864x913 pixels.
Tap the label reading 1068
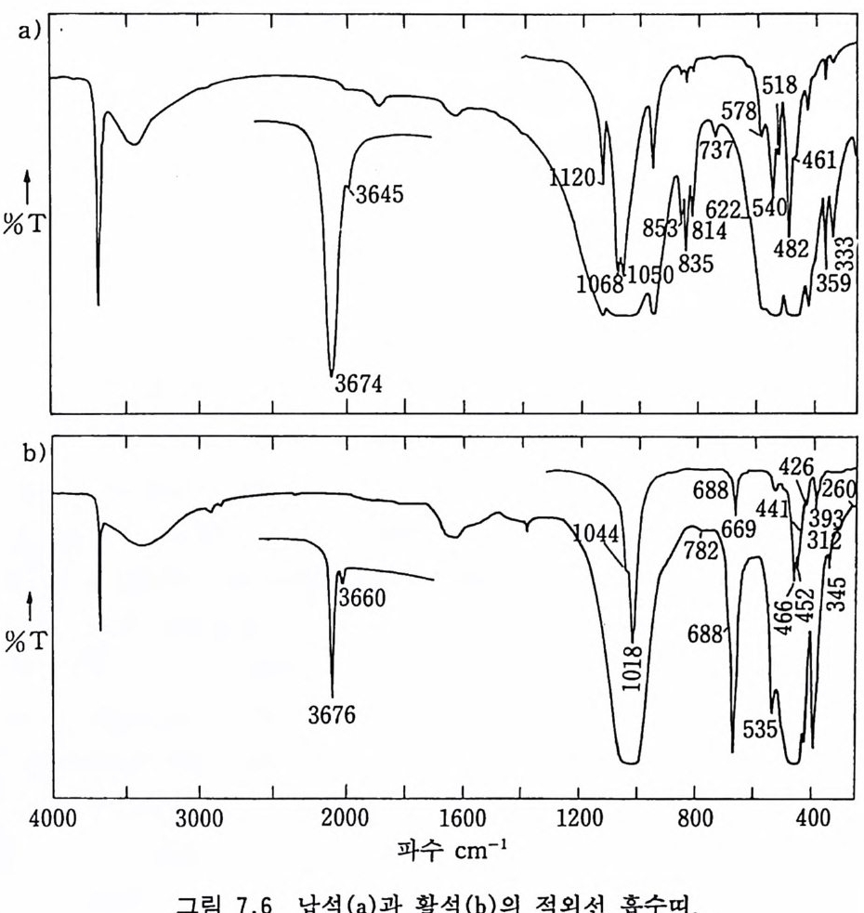(x=598, y=285)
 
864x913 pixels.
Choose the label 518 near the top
(x=779, y=86)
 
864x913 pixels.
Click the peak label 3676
(x=333, y=714)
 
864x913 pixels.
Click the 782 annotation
(x=701, y=550)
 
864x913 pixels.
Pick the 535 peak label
(x=758, y=729)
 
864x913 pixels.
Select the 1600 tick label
(x=462, y=821)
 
